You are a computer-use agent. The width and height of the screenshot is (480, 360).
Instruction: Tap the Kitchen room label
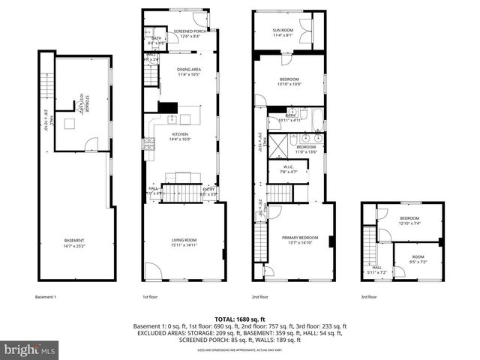(181, 136)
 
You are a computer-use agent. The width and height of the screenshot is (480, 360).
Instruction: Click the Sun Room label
(283, 32)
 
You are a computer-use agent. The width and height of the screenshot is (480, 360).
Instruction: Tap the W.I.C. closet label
(288, 169)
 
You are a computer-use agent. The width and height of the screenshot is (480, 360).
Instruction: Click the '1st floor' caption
(150, 297)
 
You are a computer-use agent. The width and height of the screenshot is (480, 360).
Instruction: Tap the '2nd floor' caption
(259, 297)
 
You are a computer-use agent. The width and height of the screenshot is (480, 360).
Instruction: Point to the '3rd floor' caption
(368, 297)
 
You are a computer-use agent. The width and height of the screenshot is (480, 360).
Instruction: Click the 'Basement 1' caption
(46, 297)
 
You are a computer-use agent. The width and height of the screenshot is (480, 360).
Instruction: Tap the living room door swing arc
(153, 271)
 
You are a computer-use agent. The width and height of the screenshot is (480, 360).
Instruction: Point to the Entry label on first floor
(208, 190)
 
